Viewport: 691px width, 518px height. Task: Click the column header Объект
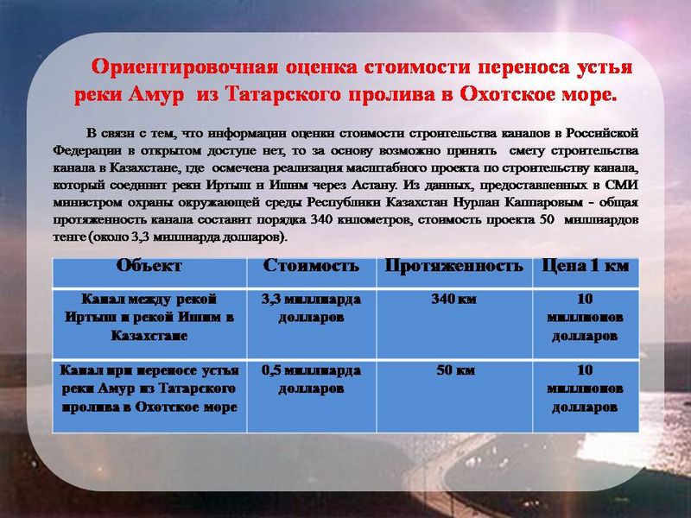click(149, 266)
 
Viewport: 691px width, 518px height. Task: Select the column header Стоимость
click(311, 266)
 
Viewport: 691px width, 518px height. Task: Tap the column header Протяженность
click(454, 266)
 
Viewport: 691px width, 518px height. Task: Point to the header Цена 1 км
click(586, 266)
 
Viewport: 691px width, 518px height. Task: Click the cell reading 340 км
click(454, 299)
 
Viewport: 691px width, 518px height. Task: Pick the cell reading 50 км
click(455, 370)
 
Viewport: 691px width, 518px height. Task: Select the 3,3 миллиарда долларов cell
click(311, 308)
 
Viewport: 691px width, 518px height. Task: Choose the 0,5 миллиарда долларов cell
click(311, 379)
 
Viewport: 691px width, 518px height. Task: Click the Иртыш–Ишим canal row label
click(149, 317)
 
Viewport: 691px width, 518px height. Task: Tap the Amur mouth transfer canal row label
click(149, 388)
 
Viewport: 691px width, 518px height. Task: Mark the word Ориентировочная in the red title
click(185, 67)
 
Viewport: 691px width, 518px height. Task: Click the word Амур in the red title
click(155, 95)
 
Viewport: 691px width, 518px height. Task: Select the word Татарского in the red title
click(283, 95)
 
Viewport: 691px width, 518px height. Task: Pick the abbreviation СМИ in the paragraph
click(621, 185)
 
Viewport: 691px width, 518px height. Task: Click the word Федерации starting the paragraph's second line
click(87, 150)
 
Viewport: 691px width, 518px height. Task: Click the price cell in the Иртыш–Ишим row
click(586, 317)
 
